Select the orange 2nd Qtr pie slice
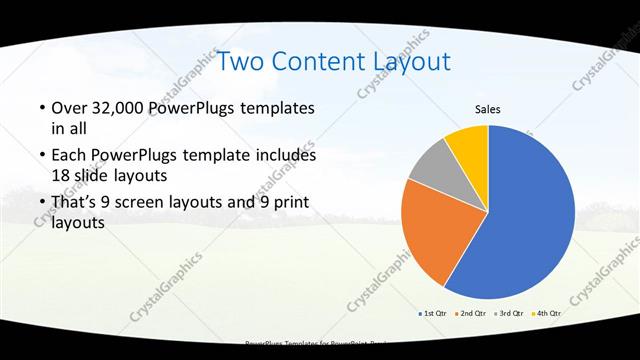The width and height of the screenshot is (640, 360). (432, 235)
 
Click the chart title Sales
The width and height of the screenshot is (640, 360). (487, 110)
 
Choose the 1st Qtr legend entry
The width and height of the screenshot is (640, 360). (433, 313)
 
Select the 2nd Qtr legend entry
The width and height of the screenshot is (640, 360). (472, 313)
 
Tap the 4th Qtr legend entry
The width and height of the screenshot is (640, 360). (548, 313)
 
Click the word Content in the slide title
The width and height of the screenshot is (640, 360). (315, 62)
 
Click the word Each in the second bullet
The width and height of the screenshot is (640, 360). (69, 156)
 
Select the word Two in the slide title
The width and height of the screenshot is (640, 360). (240, 62)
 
